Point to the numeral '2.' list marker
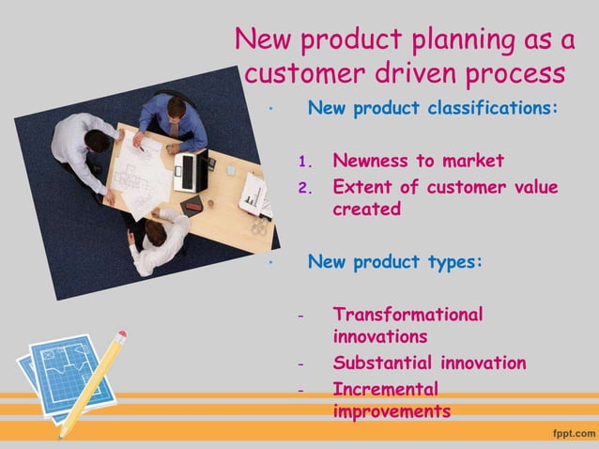(303, 187)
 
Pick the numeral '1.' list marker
(303, 161)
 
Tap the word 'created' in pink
(366, 209)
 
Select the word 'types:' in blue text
(453, 261)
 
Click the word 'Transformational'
(407, 315)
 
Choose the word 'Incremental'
(385, 388)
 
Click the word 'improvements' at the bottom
(391, 411)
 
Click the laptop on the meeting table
(191, 171)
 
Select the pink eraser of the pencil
(118, 336)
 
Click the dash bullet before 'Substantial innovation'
(300, 364)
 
